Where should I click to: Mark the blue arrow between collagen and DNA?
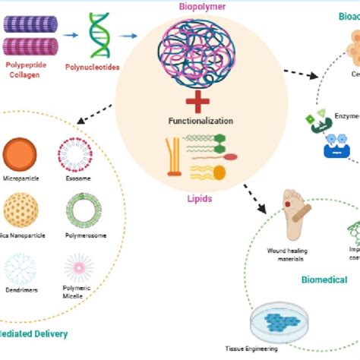click(x=71, y=34)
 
